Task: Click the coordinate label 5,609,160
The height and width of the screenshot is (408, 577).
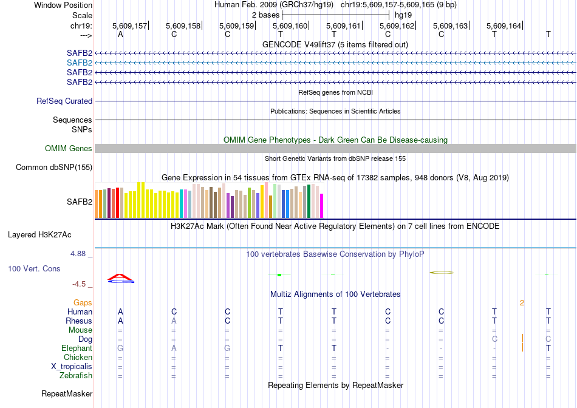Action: pos(290,26)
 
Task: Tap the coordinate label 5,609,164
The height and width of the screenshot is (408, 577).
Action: pos(504,26)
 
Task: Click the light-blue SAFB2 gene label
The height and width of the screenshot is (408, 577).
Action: pos(80,63)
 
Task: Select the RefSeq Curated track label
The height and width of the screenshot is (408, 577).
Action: pos(64,101)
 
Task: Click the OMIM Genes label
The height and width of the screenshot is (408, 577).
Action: pos(69,149)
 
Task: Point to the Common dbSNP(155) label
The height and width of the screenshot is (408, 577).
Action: pos(54,168)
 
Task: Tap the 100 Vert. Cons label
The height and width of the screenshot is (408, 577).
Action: pos(34,268)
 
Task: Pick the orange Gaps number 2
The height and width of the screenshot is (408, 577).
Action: pos(522,302)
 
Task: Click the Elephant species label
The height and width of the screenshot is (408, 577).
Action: pos(77,348)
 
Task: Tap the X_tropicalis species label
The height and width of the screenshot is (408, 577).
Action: pos(72,367)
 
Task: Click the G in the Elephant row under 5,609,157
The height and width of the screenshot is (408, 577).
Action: pos(120,348)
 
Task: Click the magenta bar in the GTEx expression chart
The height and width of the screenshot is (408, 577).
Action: pos(322,206)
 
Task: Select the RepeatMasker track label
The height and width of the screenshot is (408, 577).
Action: pos(67,394)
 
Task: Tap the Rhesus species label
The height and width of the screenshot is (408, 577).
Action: pos(79,321)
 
